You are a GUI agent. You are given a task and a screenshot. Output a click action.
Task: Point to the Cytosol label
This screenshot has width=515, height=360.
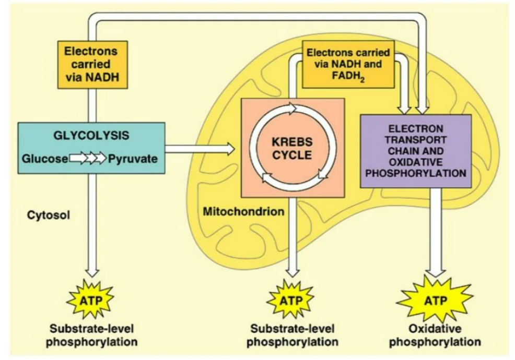point(44,214)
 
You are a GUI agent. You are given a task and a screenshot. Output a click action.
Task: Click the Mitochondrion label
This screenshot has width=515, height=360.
point(243,212)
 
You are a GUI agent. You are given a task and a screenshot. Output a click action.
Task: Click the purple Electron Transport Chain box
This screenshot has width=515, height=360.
point(416,151)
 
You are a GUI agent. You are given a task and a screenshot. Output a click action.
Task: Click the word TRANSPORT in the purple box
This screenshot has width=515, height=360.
point(416,140)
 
